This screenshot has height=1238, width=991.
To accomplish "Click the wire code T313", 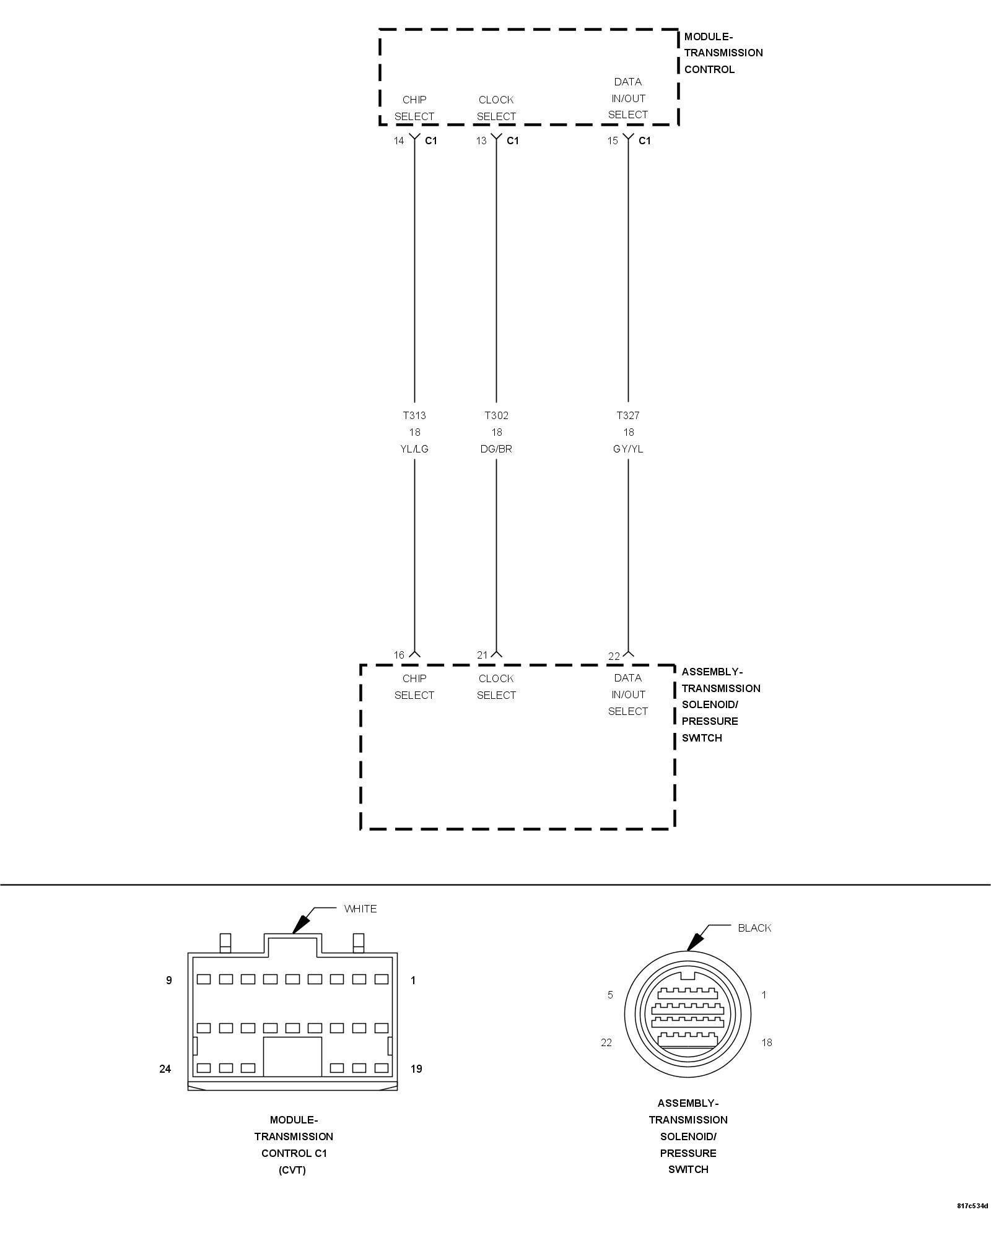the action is [414, 415].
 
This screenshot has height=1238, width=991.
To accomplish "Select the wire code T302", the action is [496, 415].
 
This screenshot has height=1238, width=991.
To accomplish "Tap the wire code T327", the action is [627, 415].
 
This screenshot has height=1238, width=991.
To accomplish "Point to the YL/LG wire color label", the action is [414, 449].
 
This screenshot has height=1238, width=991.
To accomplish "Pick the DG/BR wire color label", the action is [496, 449].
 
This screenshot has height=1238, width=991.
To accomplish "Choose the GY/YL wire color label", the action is [627, 449].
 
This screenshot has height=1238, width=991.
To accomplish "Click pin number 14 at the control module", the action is [399, 141].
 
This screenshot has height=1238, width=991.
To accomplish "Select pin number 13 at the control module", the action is [481, 141].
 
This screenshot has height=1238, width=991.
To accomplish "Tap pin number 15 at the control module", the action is [613, 141].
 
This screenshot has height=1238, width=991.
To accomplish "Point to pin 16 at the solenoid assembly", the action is [399, 655].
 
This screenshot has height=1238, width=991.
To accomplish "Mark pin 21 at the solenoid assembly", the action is [482, 655].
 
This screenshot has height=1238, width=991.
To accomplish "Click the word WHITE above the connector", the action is [360, 909].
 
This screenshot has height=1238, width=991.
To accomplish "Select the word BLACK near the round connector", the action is [754, 928].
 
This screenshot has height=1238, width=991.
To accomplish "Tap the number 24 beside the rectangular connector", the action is [165, 1069].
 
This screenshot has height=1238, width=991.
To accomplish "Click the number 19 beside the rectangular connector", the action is [416, 1069].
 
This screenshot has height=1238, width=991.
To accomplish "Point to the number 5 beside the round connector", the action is [610, 995].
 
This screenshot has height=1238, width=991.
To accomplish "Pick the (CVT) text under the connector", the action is [292, 1170].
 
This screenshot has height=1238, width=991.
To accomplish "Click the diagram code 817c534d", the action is [972, 1223].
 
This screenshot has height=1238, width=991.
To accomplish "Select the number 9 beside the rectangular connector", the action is [168, 980].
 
